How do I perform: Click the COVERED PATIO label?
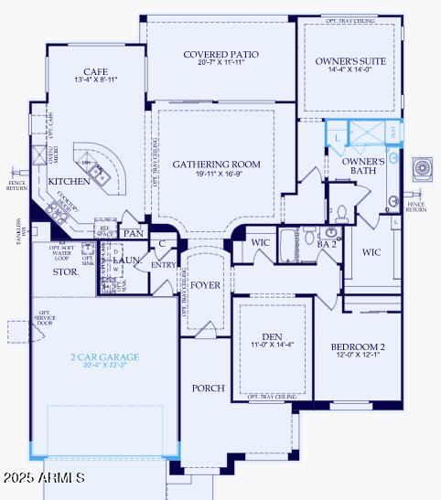point(220,55)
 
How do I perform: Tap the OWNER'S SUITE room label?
point(350,61)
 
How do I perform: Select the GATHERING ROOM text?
point(217,165)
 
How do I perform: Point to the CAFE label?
point(96,71)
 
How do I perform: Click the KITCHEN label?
point(70,181)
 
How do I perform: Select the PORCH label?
point(208,388)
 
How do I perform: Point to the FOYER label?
point(206,285)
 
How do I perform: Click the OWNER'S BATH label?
point(363,165)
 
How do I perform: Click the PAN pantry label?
point(134,234)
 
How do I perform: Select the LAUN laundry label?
point(125,261)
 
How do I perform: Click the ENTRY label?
point(164,265)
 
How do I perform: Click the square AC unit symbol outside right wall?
point(425,169)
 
